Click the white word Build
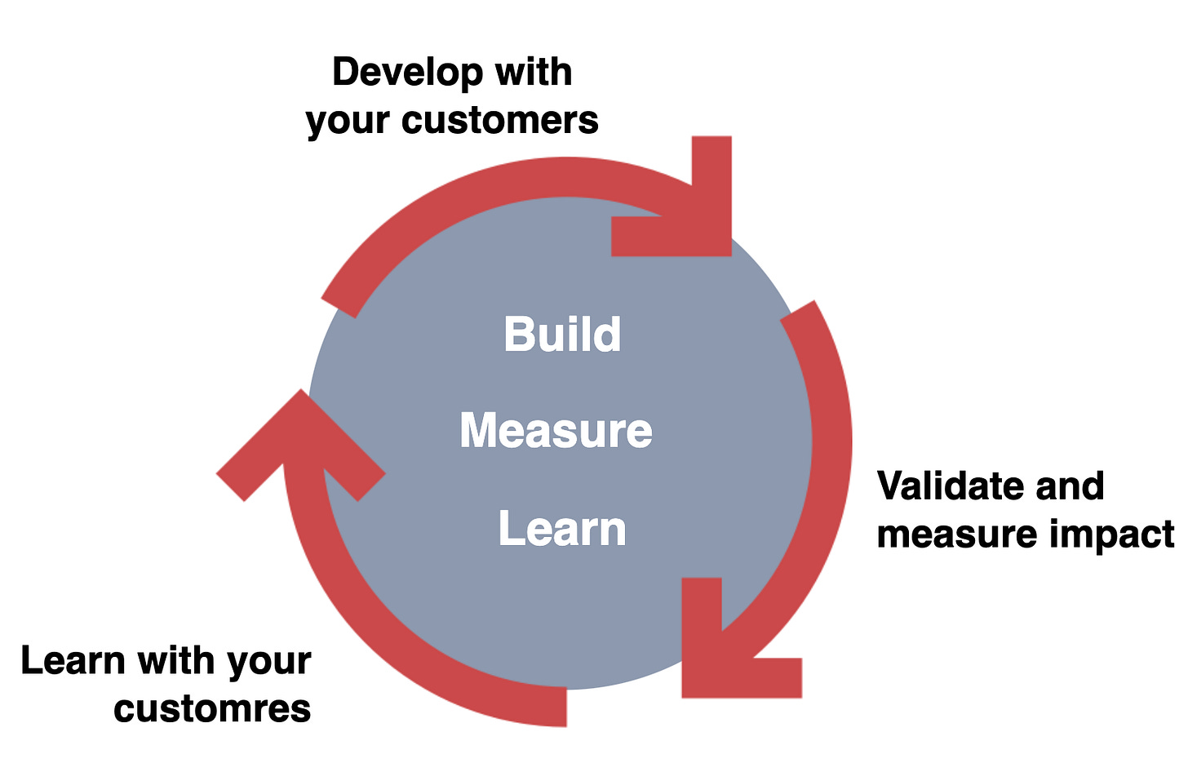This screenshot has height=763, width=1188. click(562, 334)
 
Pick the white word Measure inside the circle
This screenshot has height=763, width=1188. click(556, 430)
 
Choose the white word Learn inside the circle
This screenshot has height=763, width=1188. click(562, 529)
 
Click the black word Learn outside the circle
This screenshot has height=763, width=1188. click(72, 660)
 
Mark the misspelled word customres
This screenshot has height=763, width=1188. click(212, 708)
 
